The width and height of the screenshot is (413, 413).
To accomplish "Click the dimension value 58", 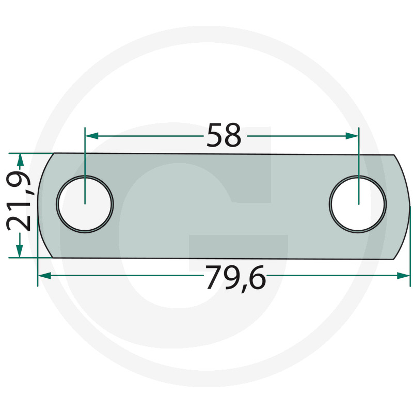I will [224, 136].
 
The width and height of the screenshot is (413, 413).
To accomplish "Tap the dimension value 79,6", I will [235, 279].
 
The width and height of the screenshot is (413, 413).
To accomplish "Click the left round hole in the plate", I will [85, 203].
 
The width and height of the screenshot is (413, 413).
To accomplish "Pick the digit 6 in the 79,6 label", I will [257, 279].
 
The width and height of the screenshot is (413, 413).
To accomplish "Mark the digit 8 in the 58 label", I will [233, 136].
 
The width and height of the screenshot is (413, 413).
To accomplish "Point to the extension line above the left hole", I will [85, 155].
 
